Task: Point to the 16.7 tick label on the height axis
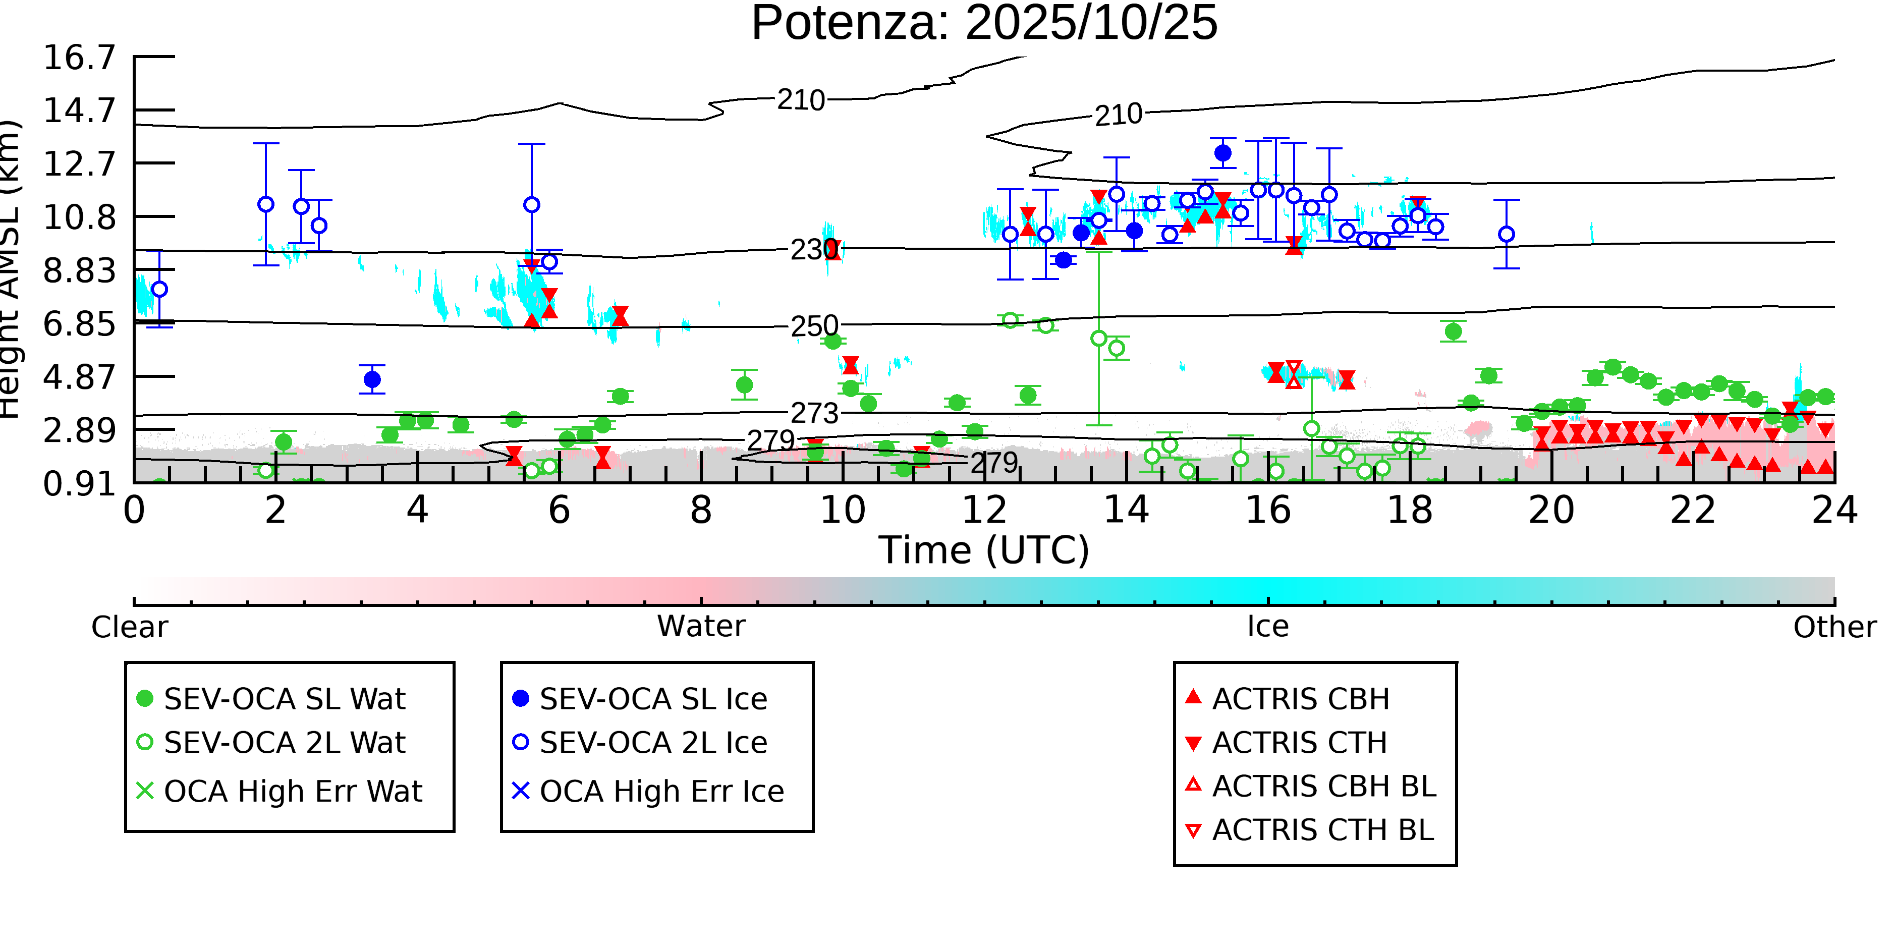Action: (x=79, y=58)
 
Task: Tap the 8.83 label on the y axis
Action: (x=79, y=270)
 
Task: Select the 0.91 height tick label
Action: (x=79, y=483)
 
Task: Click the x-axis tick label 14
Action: (x=1126, y=510)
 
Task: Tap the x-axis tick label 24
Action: (x=1834, y=510)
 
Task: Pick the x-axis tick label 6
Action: (x=559, y=510)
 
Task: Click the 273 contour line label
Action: (x=814, y=414)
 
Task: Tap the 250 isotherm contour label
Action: (x=814, y=325)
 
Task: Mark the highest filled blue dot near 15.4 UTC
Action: (x=1223, y=153)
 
